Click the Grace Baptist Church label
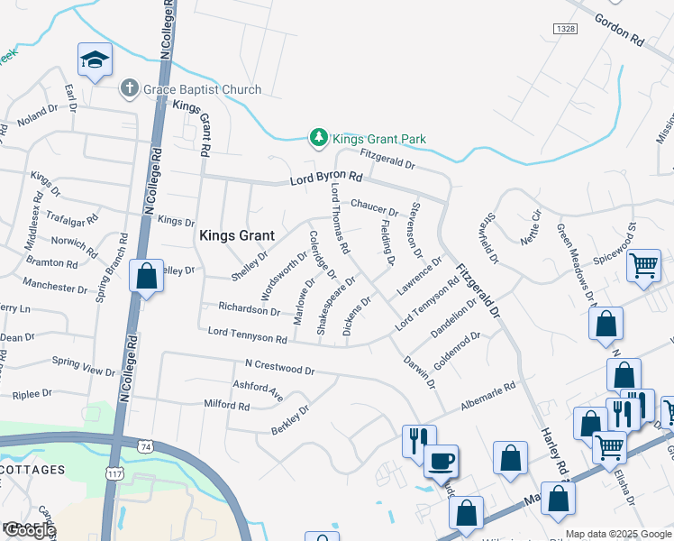coord(202,89)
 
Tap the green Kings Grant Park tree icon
coord(317,138)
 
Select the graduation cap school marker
coord(95,60)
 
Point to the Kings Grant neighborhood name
coord(229,235)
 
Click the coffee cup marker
coord(441,462)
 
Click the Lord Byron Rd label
coord(325,180)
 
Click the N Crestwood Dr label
coord(279,370)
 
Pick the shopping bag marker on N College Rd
coord(146,275)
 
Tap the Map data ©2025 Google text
coord(617,534)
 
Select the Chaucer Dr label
coord(374,206)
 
